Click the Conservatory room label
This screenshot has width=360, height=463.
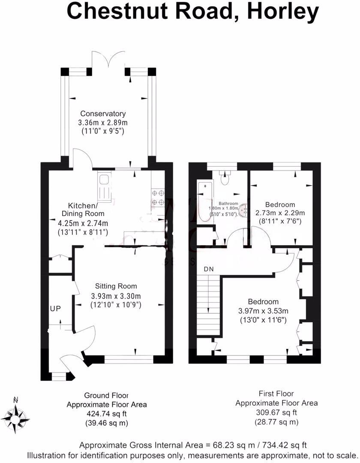tap(103, 114)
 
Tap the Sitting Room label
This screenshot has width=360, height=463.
tap(116, 286)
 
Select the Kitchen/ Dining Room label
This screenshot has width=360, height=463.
tap(83, 210)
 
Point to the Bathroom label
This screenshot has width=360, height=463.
tap(228, 204)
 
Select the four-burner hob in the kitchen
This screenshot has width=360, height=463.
tap(158, 198)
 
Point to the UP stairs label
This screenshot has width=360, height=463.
tap(55, 309)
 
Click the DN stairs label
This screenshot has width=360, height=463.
tap(209, 269)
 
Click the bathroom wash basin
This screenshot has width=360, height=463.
tap(244, 209)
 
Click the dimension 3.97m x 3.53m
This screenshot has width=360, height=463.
tap(263, 311)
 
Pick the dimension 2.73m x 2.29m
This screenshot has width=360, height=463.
tap(280, 213)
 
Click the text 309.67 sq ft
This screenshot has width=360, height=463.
tap(276, 412)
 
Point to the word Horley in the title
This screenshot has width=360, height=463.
tap(283, 11)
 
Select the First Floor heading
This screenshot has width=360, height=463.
tap(276, 394)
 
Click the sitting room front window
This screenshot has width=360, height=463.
tap(129, 359)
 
